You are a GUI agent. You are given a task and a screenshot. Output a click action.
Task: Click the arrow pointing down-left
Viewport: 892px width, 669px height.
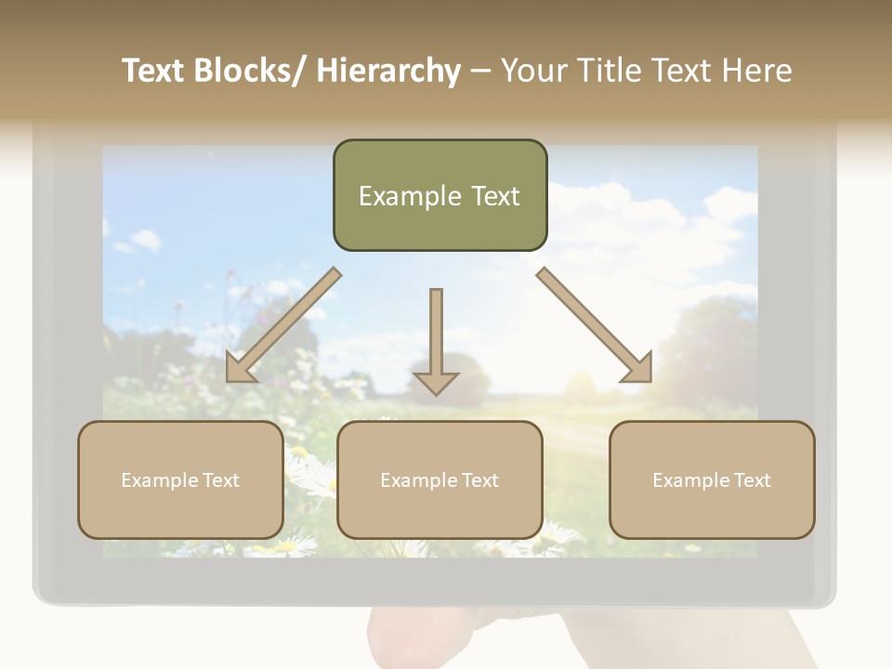click(282, 326)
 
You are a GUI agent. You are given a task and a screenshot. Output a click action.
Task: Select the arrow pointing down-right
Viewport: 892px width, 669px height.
click(595, 326)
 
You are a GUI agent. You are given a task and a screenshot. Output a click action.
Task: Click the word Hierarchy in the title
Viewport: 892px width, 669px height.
click(388, 71)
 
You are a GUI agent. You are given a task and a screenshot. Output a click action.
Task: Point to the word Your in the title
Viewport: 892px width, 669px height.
click(536, 71)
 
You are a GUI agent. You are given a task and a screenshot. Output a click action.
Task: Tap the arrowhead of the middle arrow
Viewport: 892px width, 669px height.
click(436, 383)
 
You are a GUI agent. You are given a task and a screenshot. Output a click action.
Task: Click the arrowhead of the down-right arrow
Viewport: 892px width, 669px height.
click(637, 368)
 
